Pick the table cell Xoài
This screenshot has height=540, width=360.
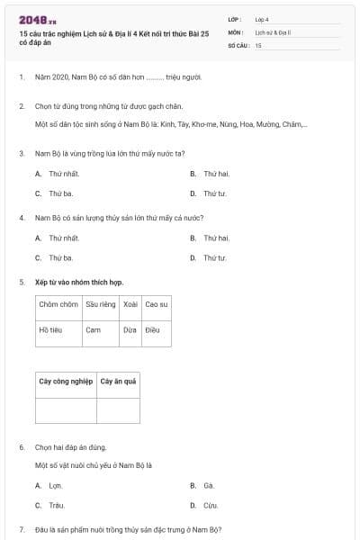tap(130, 304)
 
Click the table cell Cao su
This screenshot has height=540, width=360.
tap(157, 304)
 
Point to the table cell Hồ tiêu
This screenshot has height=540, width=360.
tap(50, 330)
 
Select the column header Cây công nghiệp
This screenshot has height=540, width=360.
tap(66, 382)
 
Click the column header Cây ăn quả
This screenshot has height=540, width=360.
tap(117, 382)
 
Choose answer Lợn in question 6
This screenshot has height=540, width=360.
tap(56, 485)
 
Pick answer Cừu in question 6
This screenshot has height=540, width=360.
tap(210, 506)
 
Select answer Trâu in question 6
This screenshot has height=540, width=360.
tap(57, 506)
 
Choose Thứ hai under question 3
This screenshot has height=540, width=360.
tap(216, 173)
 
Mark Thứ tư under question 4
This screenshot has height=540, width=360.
tap(214, 258)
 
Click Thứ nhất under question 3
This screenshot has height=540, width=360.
tap(64, 173)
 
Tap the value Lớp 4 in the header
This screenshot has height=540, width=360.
tap(262, 18)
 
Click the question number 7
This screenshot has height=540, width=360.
tap(21, 528)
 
